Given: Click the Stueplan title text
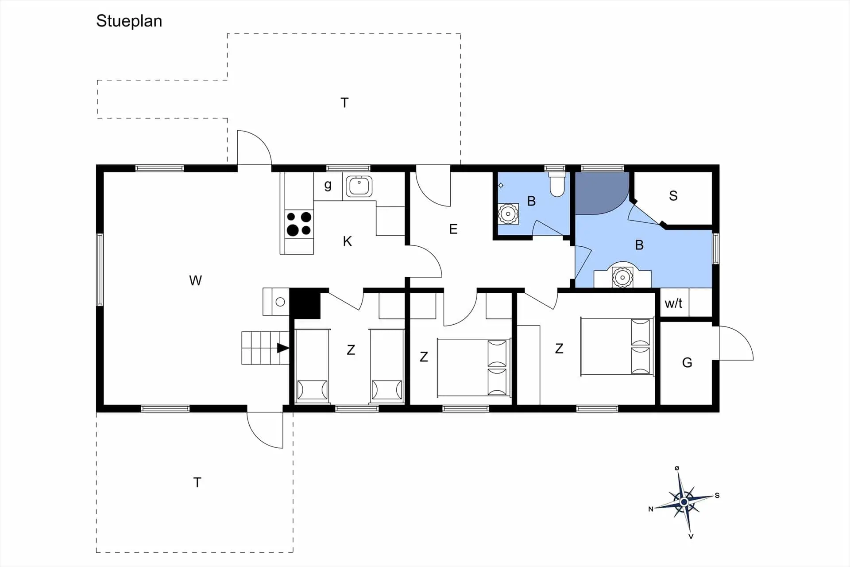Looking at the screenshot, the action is [x=129, y=21].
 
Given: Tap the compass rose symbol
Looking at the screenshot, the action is [x=684, y=502].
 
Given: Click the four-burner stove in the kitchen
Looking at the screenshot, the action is [x=299, y=224].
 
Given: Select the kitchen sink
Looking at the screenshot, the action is [x=359, y=186].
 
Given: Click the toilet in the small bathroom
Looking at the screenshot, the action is [x=557, y=184].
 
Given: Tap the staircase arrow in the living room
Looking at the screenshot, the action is [x=283, y=348].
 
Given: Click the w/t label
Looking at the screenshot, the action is [x=673, y=303].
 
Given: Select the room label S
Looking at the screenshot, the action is [x=673, y=196].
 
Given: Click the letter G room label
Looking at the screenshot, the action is [x=687, y=363].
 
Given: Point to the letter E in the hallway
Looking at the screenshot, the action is [x=453, y=229].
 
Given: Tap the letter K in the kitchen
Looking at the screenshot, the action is [x=348, y=241].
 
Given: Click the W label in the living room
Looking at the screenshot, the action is [x=195, y=280].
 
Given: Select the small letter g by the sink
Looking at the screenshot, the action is [x=328, y=185].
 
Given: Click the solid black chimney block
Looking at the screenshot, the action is [x=305, y=303].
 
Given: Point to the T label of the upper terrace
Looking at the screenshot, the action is [x=344, y=103].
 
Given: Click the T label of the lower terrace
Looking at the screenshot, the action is [x=197, y=482].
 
